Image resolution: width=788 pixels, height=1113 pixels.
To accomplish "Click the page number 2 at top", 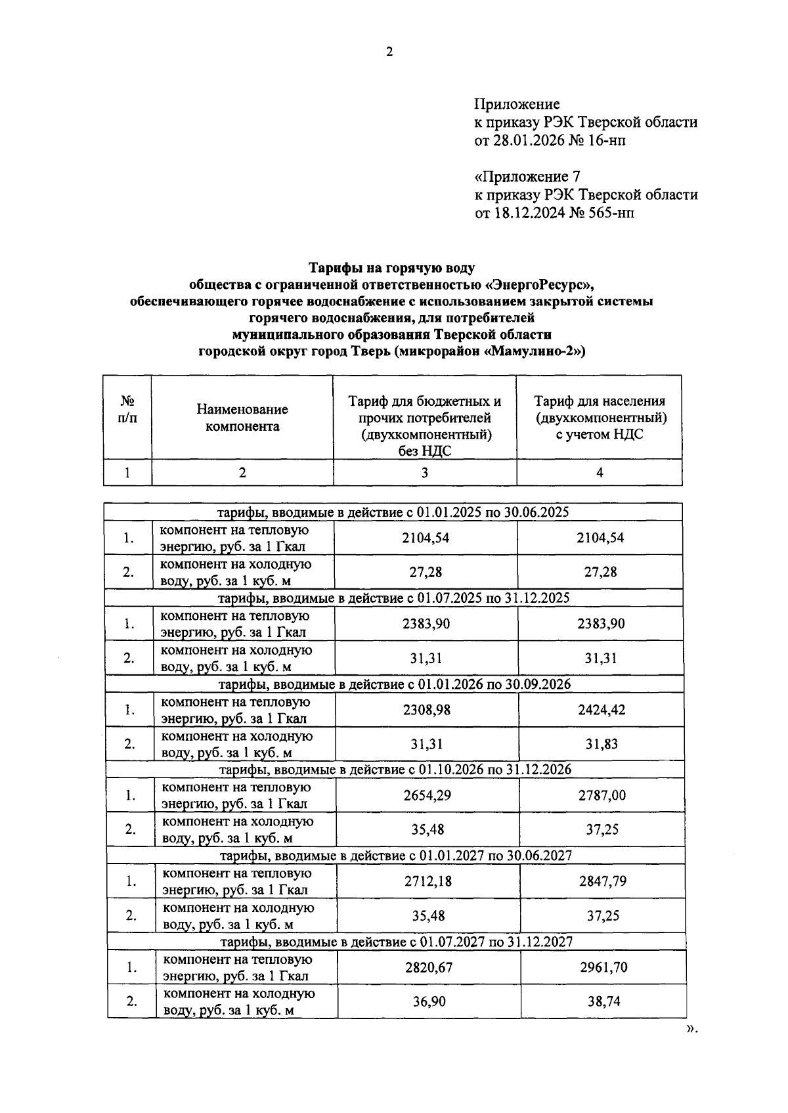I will pyautogui.click(x=389, y=53).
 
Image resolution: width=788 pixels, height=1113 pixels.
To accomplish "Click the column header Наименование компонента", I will pyautogui.click(x=242, y=418).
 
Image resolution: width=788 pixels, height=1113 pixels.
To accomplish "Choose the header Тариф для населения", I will pyautogui.click(x=599, y=401).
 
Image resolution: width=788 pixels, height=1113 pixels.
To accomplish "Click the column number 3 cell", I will pyautogui.click(x=425, y=472).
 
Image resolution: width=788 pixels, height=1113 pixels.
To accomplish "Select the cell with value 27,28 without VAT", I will pyautogui.click(x=426, y=572).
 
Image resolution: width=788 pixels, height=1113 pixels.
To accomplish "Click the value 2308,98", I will pyautogui.click(x=427, y=710).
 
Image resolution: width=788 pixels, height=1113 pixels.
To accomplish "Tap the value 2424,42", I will pyautogui.click(x=602, y=710).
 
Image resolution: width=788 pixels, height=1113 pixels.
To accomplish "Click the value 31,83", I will pyautogui.click(x=602, y=744).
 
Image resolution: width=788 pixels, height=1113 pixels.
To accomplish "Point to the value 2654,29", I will pyautogui.click(x=427, y=795).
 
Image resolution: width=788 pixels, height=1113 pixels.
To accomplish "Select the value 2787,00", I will pyautogui.click(x=602, y=795).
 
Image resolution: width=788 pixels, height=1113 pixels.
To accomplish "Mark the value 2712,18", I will pyautogui.click(x=428, y=881).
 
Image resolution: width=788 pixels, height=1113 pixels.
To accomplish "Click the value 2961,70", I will pyautogui.click(x=603, y=967).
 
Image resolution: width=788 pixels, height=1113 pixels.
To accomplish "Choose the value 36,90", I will pyautogui.click(x=429, y=1001).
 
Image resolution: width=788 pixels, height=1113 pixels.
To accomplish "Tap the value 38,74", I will pyautogui.click(x=603, y=1001).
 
